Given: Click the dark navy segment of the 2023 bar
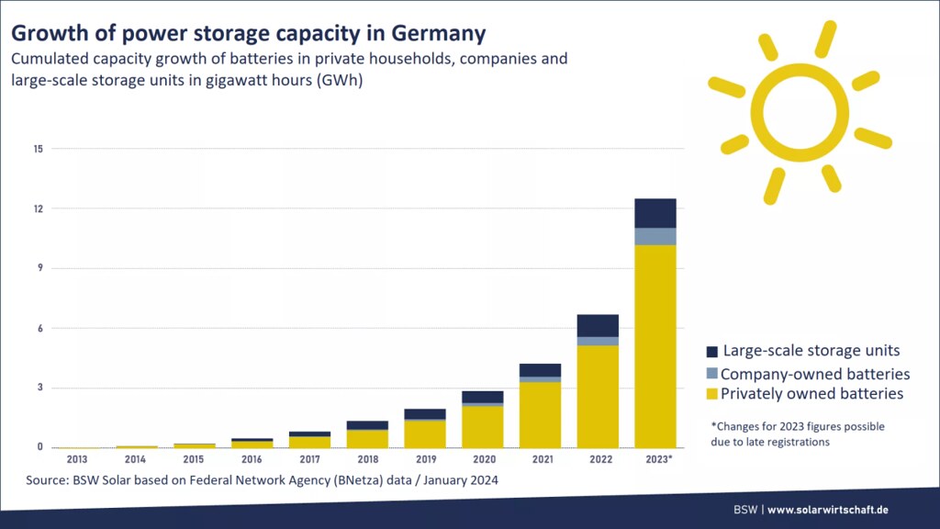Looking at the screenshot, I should click(655, 213).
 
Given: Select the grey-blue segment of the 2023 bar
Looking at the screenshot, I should click(655, 236).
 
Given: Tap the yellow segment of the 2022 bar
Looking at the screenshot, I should click(598, 396).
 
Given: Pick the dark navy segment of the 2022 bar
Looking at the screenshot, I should click(598, 325).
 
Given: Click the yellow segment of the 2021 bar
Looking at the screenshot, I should click(540, 414).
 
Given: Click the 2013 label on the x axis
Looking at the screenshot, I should click(77, 458).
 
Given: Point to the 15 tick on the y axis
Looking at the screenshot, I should click(38, 149).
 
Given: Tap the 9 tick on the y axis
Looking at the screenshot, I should click(39, 268).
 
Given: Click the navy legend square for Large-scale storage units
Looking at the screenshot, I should click(711, 352).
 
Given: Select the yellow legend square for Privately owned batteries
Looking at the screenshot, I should click(711, 394).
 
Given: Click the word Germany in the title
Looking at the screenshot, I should click(437, 34).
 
